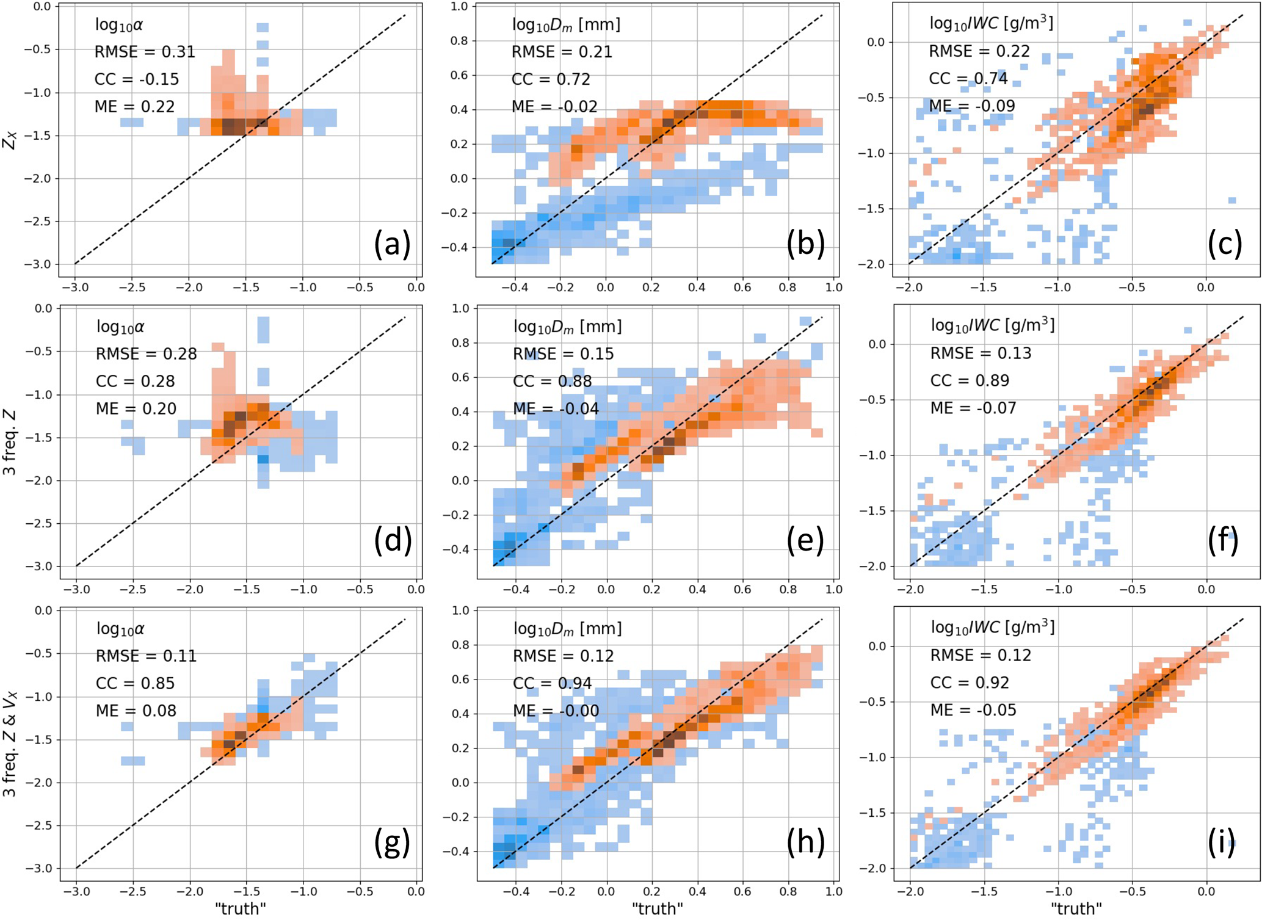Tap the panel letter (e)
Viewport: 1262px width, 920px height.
click(x=805, y=541)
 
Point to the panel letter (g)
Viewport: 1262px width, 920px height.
click(x=392, y=842)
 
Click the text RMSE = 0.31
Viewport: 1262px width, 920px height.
click(x=145, y=52)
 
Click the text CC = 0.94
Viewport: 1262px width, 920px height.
click(x=552, y=683)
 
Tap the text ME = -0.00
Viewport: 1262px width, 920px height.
click(x=556, y=711)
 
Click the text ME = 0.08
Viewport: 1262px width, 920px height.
click(x=136, y=711)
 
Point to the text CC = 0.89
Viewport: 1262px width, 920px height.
click(x=970, y=380)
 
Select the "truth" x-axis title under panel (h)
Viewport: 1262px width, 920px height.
click(x=657, y=909)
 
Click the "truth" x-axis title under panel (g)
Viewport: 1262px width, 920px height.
click(x=241, y=909)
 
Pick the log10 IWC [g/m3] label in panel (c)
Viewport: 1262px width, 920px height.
click(x=991, y=23)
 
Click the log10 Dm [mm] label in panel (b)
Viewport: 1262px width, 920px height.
click(x=565, y=24)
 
